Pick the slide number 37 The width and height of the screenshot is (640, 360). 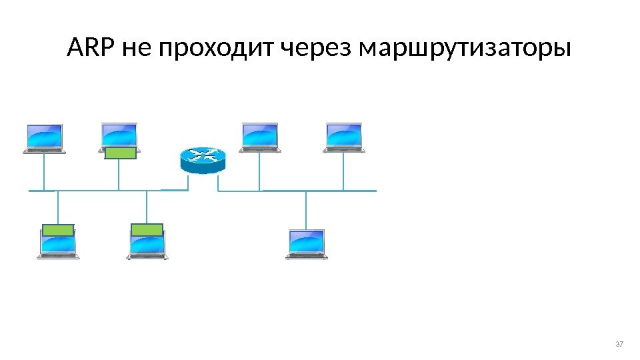coord(619,344)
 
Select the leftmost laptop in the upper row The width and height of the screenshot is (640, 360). coord(44,138)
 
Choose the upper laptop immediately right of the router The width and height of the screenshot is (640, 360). coord(260,137)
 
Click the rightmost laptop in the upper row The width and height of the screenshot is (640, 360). coord(344,137)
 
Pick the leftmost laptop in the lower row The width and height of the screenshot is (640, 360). coord(59,245)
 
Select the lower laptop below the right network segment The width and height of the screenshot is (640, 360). coord(307,243)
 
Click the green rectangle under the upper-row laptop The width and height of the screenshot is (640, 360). coord(120,153)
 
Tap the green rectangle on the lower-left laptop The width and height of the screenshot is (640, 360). coord(58,231)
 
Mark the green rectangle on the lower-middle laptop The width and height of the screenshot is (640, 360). coord(147,230)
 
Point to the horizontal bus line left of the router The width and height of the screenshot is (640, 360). coord(100,191)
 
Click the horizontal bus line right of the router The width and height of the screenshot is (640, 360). coord(300,191)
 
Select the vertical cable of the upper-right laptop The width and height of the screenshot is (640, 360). coord(344,172)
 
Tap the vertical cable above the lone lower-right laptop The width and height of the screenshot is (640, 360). coord(306,209)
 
